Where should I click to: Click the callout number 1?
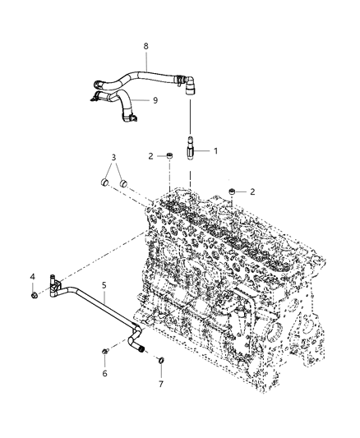216,150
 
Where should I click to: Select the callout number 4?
33,276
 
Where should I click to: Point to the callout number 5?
104,285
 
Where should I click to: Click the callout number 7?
161,384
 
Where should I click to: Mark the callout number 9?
154,99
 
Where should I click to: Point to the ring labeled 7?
161,360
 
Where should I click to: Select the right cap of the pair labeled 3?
123,182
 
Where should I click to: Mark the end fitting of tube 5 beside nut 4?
52,285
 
